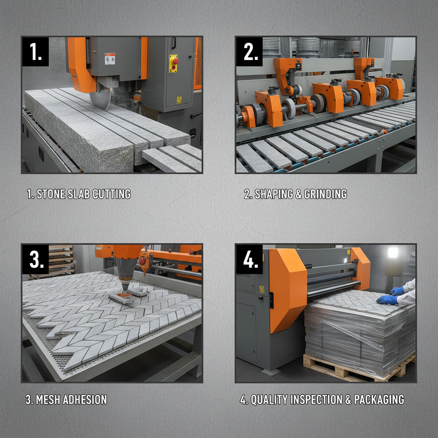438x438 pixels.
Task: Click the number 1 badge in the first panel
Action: [36, 52]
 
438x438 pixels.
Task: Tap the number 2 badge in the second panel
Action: [249, 52]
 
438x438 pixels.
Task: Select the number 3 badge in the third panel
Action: [36, 259]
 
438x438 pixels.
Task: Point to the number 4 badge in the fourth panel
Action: [249, 259]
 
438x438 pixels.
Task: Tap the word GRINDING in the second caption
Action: [326, 194]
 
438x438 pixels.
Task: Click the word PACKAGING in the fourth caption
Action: [379, 400]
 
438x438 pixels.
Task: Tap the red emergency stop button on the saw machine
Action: [175, 61]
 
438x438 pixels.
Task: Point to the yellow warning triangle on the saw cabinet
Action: [179, 99]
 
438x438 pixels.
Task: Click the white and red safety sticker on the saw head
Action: [110, 59]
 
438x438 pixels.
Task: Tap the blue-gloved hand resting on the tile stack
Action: [387, 300]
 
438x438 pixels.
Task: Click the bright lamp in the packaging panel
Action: [393, 252]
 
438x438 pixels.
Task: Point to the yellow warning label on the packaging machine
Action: [262, 289]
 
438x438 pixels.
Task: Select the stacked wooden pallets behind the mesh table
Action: [62, 261]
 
